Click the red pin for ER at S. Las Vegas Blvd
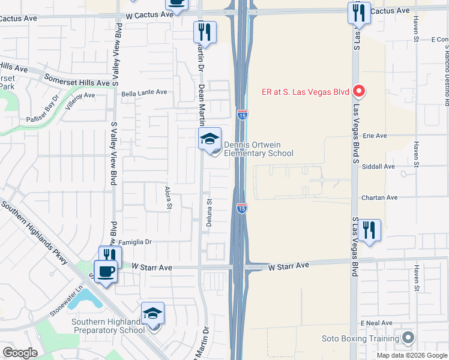pyautogui.click(x=359, y=92)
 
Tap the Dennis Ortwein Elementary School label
pyautogui.click(x=258, y=149)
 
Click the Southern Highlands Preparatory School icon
pyautogui.click(x=153, y=313)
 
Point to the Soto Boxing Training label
pyautogui.click(x=360, y=339)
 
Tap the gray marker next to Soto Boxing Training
pyautogui.click(x=408, y=338)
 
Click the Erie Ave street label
pyautogui.click(x=375, y=136)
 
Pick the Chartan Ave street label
pyautogui.click(x=379, y=197)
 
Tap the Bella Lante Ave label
pyautogui.click(x=144, y=94)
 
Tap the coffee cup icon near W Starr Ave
pyautogui.click(x=106, y=272)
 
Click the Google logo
pyautogui.click(x=20, y=353)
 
